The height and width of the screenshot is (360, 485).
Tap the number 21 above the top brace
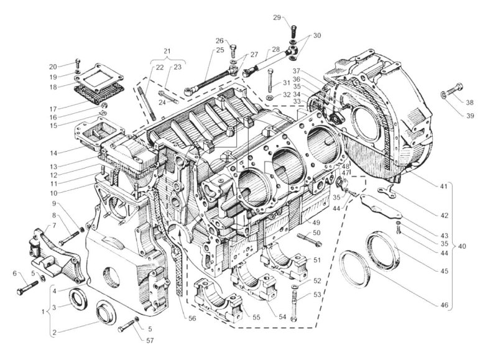[x=166, y=50]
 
